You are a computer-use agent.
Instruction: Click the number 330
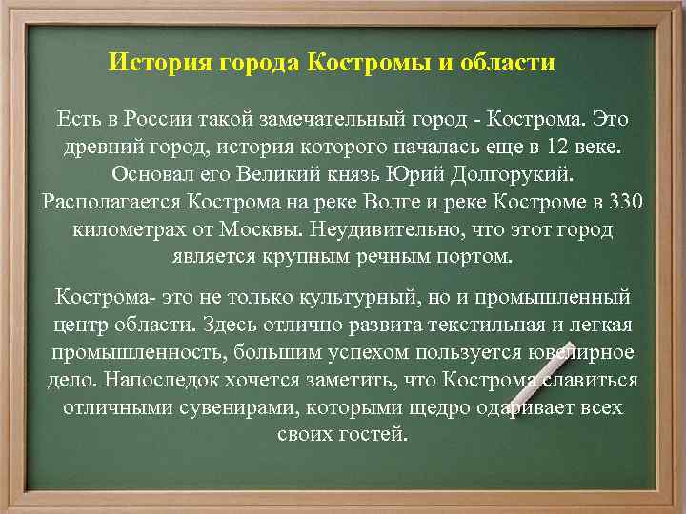tap(624, 203)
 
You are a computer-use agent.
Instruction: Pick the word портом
tap(473, 257)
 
